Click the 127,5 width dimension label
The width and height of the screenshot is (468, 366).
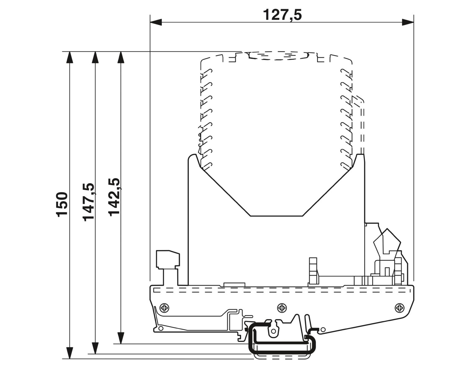[x=282, y=15]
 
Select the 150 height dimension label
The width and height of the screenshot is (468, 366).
[x=62, y=204]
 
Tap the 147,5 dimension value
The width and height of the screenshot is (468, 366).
[x=89, y=202]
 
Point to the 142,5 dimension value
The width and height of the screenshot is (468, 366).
[x=114, y=197]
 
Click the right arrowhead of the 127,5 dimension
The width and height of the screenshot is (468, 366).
[x=408, y=22]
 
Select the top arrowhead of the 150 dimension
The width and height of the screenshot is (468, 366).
[x=70, y=57]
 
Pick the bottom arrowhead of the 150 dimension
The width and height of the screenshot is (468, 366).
[x=70, y=353]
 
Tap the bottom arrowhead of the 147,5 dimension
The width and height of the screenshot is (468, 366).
[x=95, y=348]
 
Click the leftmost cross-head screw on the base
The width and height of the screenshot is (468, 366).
[x=164, y=308]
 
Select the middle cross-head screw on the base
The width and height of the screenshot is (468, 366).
[x=282, y=308]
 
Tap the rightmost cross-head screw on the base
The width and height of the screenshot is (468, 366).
[x=399, y=308]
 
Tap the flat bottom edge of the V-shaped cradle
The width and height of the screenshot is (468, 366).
[x=276, y=216]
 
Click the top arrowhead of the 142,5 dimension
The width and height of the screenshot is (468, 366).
[x=121, y=57]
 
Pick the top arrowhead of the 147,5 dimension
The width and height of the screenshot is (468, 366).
[x=95, y=57]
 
